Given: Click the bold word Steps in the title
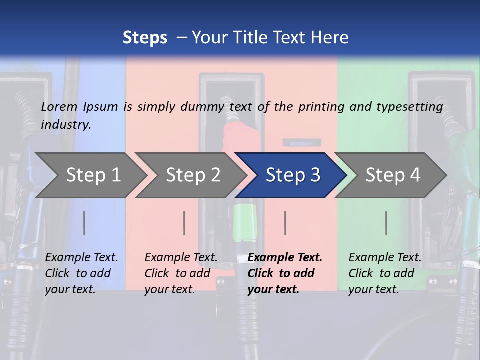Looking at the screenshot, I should tap(145, 38).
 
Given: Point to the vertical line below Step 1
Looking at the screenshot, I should tap(84, 223).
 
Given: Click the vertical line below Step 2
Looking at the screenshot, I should tap(184, 223).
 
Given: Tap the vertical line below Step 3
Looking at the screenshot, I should tap(285, 223).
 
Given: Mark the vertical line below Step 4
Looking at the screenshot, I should tap(386, 223).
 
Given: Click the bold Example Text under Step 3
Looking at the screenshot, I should tap(285, 258).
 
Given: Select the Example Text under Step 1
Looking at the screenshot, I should tap(81, 258).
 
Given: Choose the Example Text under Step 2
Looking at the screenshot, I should tap(181, 258).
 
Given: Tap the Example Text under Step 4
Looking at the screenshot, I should tap(385, 258).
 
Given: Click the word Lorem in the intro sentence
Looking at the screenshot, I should tap(59, 106).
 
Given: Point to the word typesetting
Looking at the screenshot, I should tap(409, 107).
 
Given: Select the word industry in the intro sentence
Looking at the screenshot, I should tap(66, 125).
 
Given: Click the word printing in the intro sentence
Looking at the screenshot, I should tap(319, 107).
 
